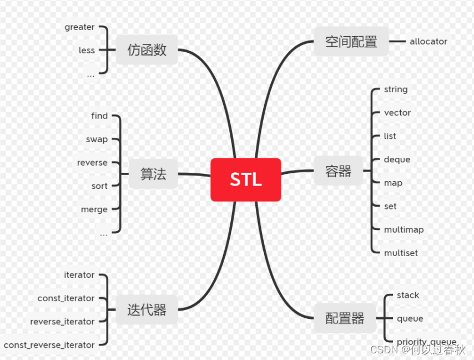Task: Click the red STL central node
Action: (246, 179)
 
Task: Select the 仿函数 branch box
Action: (147, 50)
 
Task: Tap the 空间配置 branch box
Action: (351, 42)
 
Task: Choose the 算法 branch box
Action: (153, 174)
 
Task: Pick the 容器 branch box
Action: (338, 171)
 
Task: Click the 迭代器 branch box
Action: (147, 310)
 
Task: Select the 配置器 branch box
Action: (345, 318)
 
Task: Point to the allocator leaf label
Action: (428, 41)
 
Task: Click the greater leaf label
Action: (79, 27)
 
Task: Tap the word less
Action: (87, 50)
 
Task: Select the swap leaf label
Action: (97, 139)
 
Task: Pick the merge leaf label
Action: (94, 209)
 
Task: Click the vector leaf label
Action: (397, 113)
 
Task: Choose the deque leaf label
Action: (397, 159)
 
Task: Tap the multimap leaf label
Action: (404, 229)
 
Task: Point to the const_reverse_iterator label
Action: (49, 345)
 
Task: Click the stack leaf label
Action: (408, 295)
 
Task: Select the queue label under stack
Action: (410, 318)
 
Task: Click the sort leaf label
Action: (99, 186)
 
